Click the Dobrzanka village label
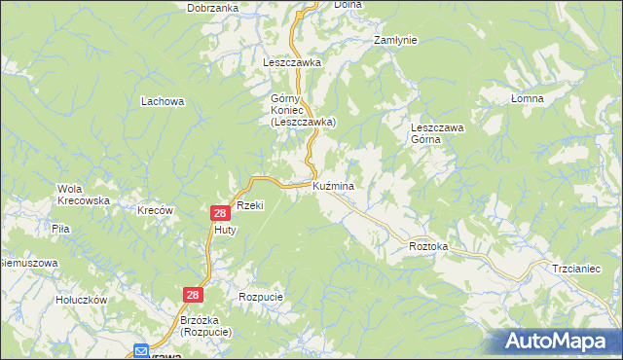coord(215,8)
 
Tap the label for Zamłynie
coord(395,40)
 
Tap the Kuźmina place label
coord(333,186)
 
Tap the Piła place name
coord(59,229)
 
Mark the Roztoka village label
coord(428,247)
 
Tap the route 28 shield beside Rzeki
coord(220,212)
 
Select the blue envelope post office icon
coord(142,351)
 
